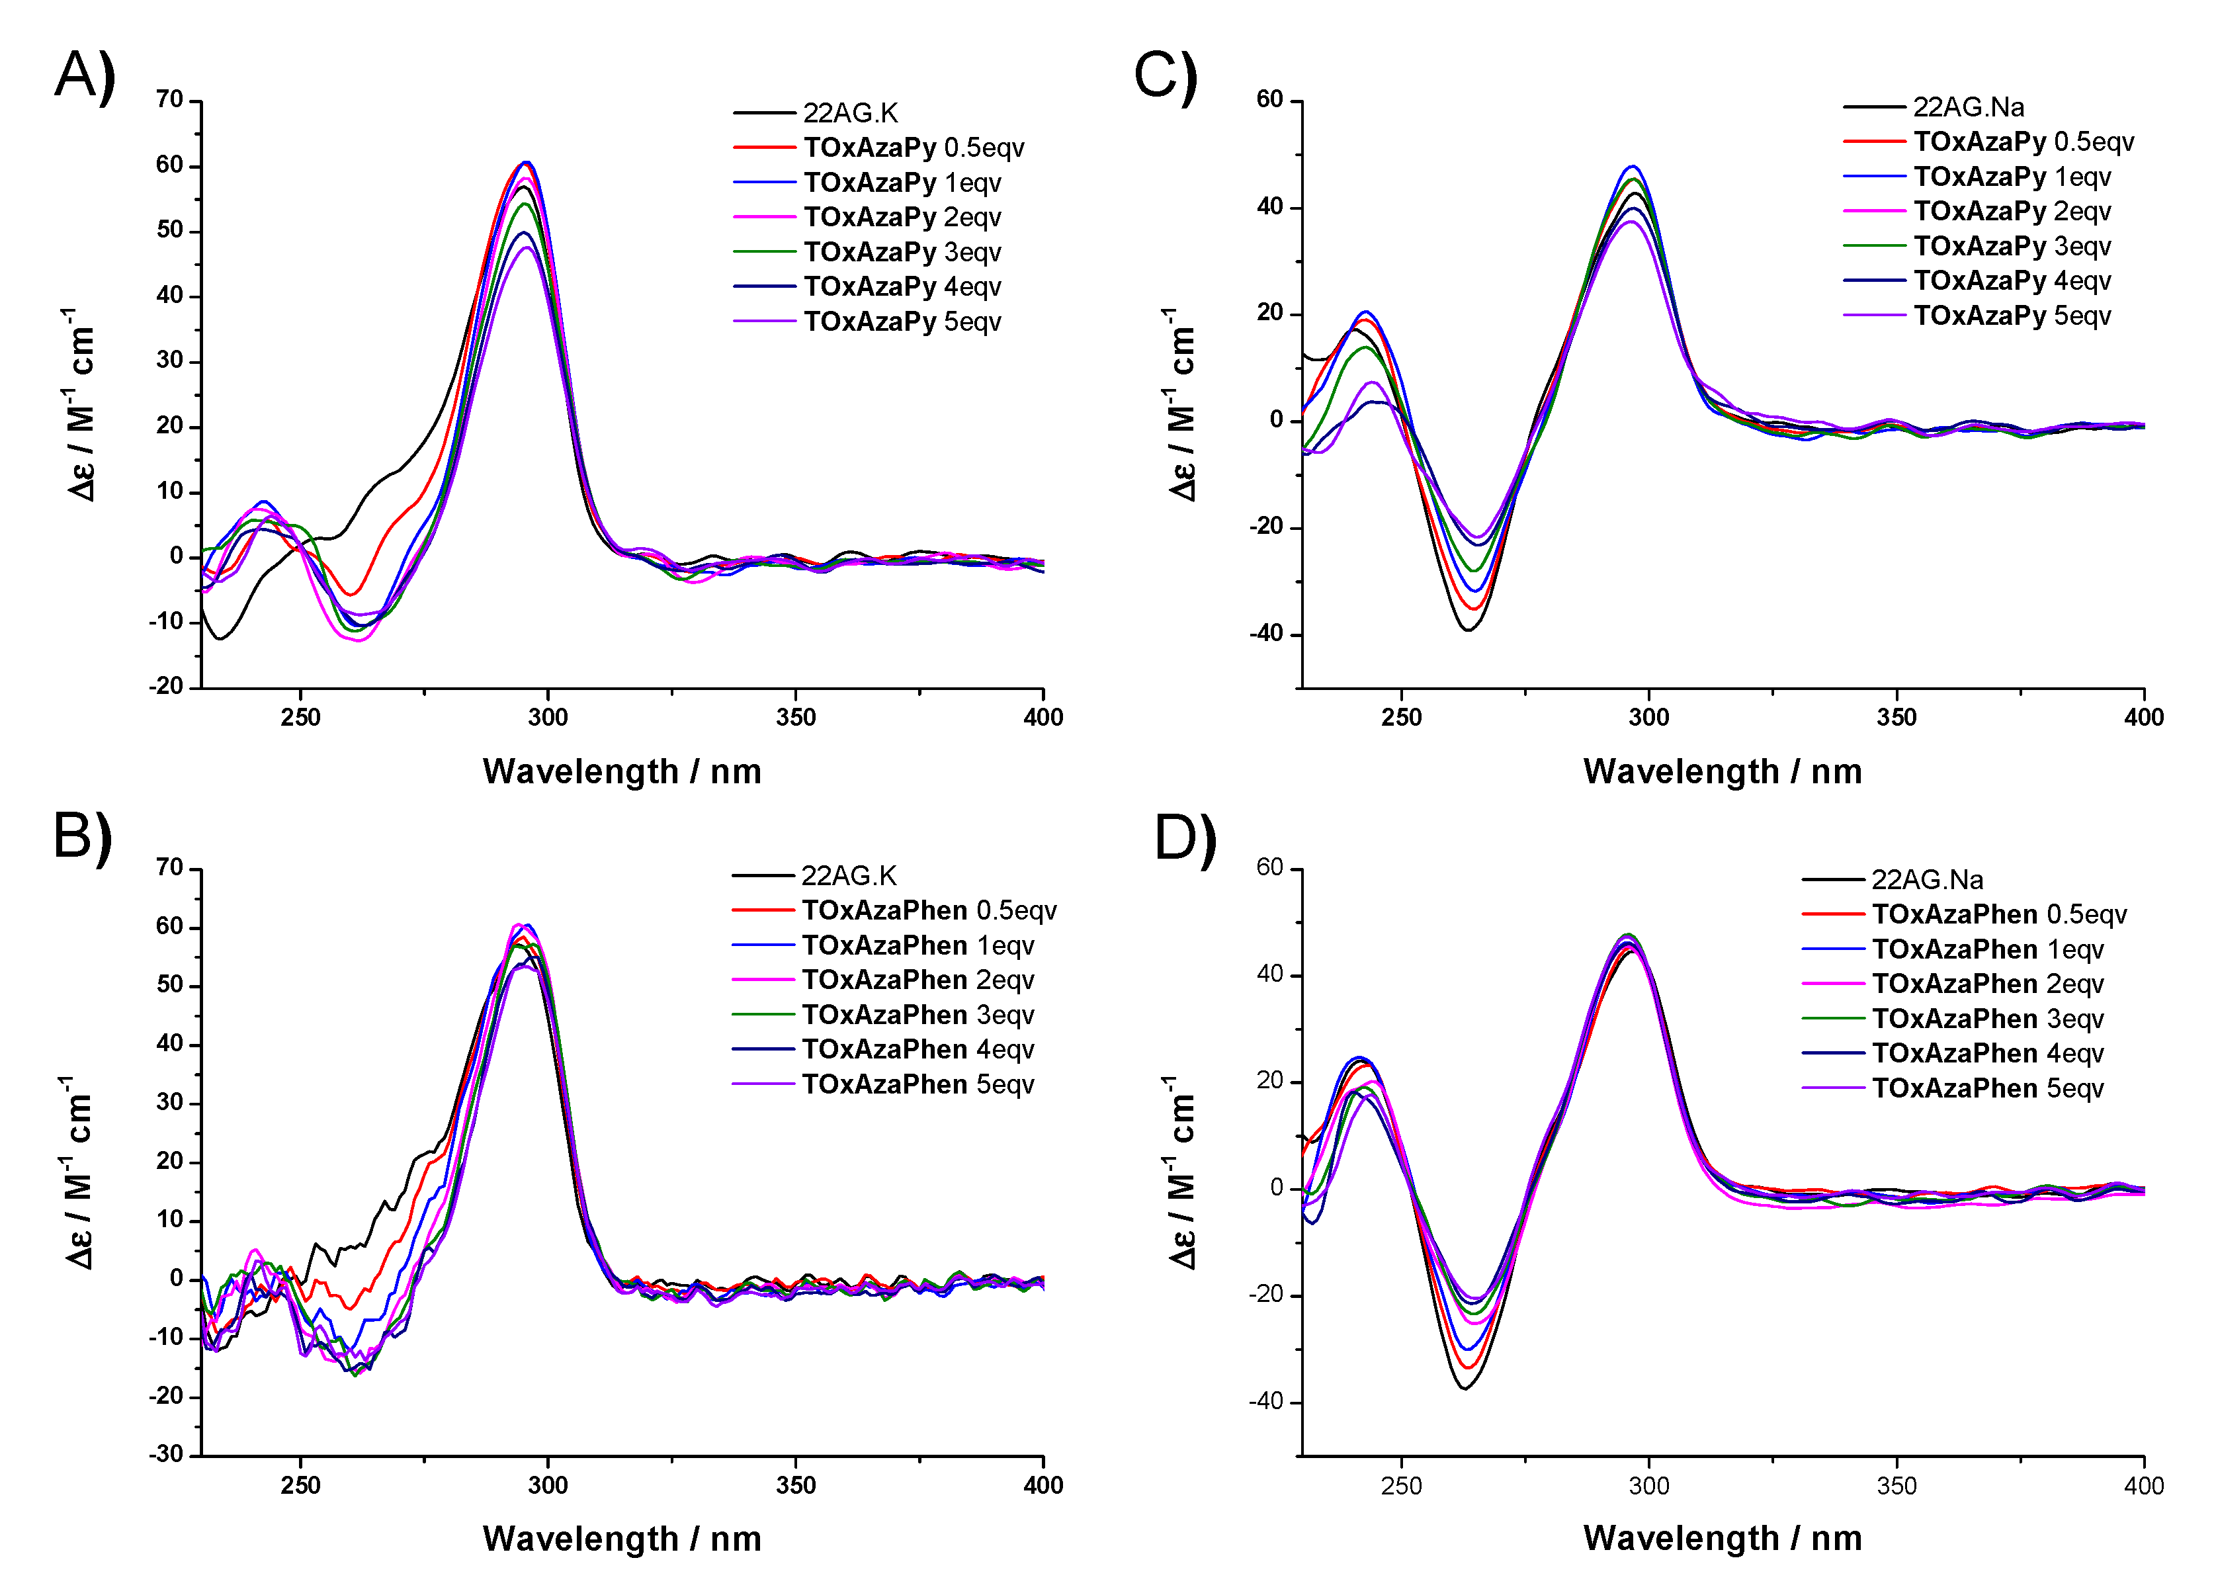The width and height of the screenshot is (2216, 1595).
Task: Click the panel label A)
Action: [85, 76]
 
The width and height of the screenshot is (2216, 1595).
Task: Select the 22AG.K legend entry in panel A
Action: [849, 113]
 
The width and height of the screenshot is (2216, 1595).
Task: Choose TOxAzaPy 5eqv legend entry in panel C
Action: [2011, 316]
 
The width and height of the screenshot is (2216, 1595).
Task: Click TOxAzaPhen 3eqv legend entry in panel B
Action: [916, 1014]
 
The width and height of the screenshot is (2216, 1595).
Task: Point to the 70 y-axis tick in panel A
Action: [170, 100]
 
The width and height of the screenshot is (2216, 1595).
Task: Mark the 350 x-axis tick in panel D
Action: [1896, 1486]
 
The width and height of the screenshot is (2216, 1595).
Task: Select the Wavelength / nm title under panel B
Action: [621, 1538]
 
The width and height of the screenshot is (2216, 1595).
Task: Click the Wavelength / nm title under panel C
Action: [1723, 771]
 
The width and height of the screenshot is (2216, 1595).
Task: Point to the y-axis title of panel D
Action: [1181, 1173]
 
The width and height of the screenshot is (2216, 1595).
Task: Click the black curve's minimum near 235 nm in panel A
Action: [222, 638]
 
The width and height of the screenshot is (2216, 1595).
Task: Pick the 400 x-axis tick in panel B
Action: [1043, 1486]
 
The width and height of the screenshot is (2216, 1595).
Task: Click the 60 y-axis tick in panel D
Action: [1269, 868]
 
